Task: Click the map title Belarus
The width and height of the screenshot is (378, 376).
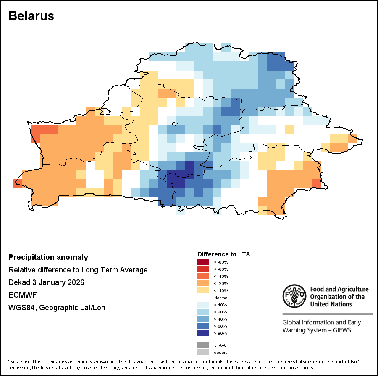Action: (31, 16)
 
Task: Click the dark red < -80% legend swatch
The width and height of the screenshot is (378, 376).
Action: (203, 262)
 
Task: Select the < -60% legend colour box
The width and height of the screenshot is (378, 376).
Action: (203, 269)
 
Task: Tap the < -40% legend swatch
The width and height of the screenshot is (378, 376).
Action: (203, 276)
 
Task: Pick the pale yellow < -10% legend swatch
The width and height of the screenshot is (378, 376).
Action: (203, 290)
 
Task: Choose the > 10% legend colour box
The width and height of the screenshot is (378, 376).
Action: (203, 305)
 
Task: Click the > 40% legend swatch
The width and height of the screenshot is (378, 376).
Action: (203, 319)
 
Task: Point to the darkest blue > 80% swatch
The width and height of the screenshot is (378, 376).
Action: (203, 333)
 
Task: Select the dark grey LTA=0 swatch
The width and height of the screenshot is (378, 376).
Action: (203, 345)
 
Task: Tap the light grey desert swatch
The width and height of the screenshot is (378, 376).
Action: (203, 352)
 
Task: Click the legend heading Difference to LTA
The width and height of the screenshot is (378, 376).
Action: (223, 254)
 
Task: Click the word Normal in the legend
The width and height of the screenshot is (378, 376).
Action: (221, 298)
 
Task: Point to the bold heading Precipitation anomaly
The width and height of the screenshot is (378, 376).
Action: (48, 257)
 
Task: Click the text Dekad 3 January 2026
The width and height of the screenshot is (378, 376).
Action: (46, 282)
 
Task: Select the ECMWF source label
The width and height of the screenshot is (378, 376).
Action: (20, 295)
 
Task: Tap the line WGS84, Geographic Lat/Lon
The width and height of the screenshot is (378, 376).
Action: (57, 308)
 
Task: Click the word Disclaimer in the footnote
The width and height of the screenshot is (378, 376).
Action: (18, 362)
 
